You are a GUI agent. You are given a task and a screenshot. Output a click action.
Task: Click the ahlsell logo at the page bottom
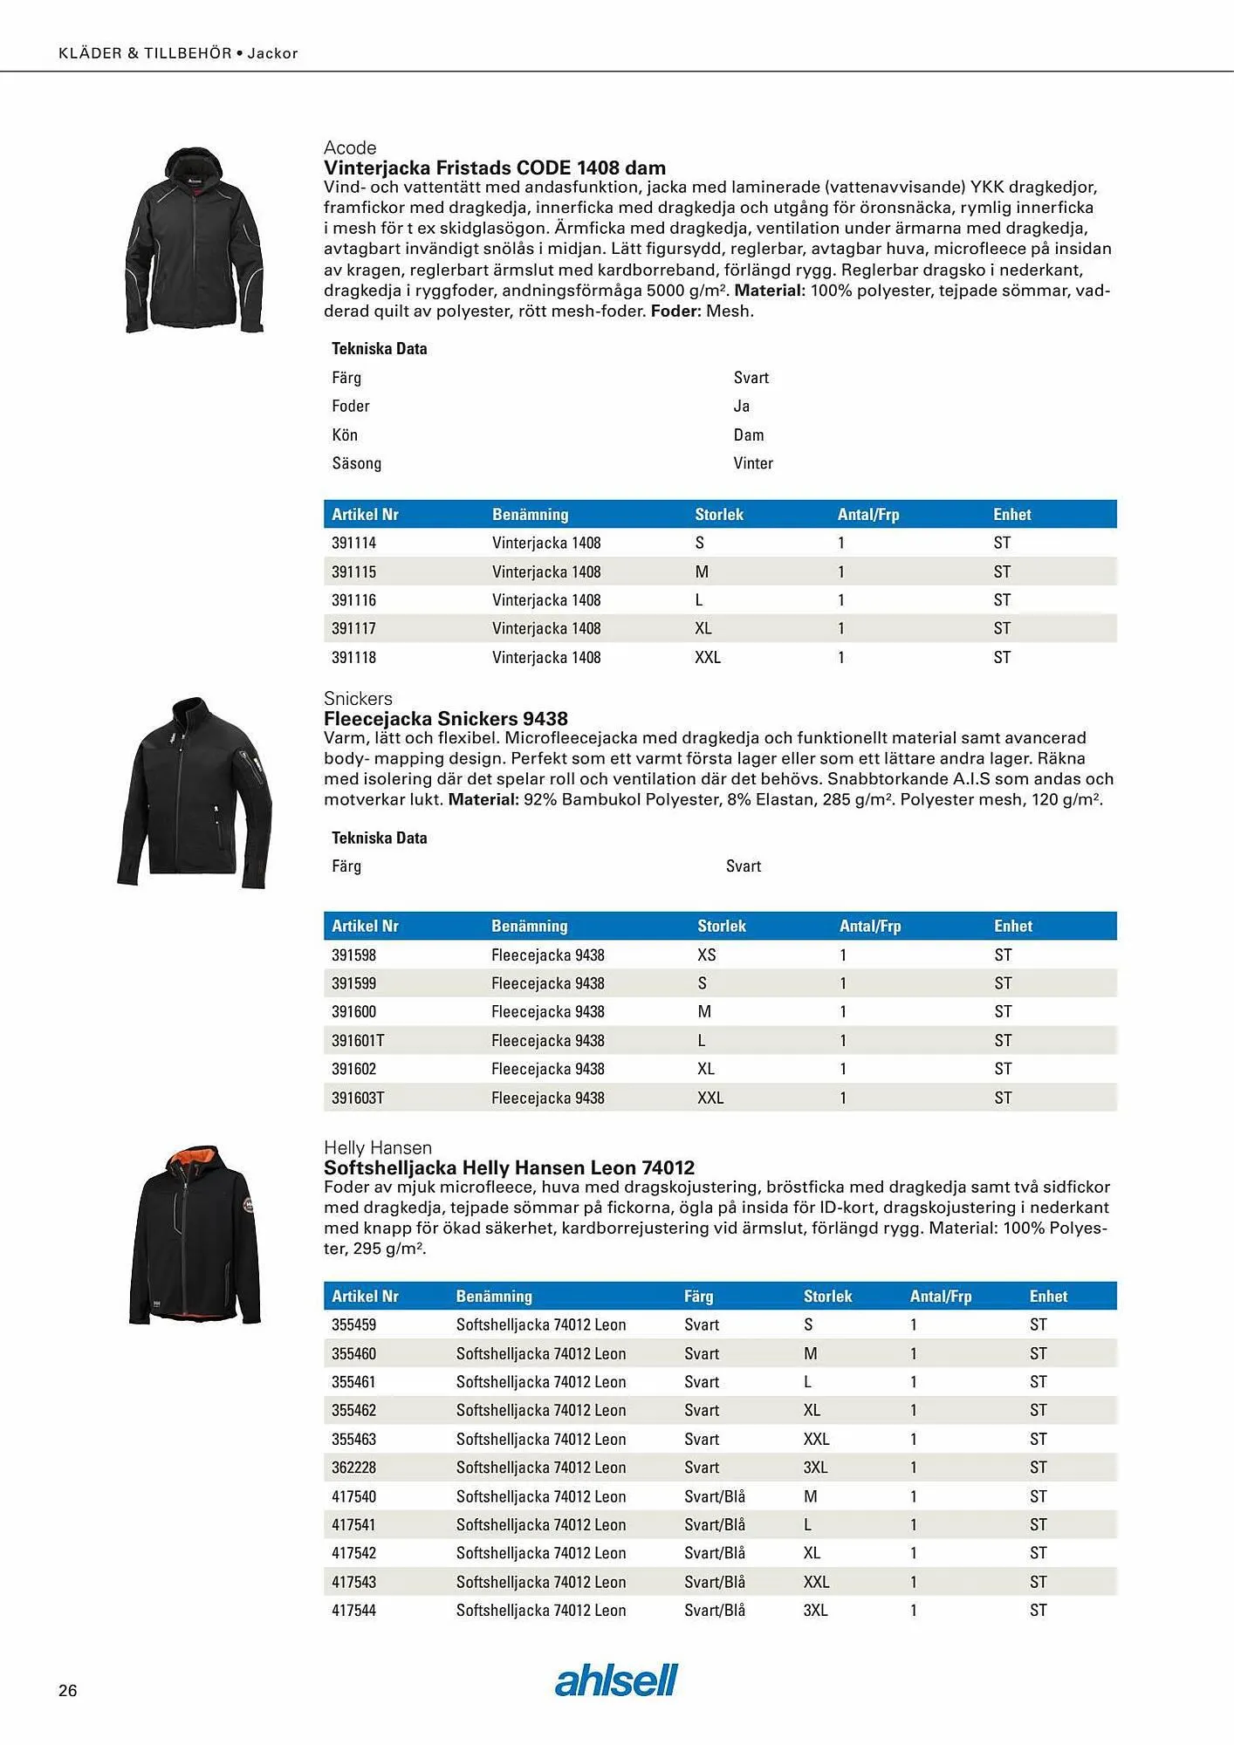coord(616,1680)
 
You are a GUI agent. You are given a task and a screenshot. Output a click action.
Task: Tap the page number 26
coord(68,1690)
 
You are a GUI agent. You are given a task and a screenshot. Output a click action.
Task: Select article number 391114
coord(353,543)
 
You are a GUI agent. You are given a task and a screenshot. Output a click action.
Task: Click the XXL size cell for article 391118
coord(708,657)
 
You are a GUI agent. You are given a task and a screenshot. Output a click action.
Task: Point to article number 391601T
coord(358,1040)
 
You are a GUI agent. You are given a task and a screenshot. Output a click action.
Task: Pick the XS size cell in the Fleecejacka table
coord(707,955)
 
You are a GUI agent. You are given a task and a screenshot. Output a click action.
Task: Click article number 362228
coord(353,1468)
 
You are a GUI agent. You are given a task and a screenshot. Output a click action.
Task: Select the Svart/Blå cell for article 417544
coord(715,1610)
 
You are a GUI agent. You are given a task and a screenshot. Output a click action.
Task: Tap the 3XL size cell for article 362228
coord(815,1468)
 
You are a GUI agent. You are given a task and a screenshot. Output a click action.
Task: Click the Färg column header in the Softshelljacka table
coord(699,1296)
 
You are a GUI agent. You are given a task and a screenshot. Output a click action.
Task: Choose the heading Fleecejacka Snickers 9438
coord(446,718)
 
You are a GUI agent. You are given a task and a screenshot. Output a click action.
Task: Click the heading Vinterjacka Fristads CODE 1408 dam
coord(495,168)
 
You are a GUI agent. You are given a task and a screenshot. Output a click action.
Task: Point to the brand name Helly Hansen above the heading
coord(378,1147)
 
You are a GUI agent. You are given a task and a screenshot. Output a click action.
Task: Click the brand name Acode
coord(350,147)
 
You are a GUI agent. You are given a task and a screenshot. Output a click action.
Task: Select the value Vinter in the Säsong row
coord(753,463)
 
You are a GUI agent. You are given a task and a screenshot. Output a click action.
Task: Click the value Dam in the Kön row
coord(749,435)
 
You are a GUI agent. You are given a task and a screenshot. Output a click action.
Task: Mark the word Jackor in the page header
coord(273,53)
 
